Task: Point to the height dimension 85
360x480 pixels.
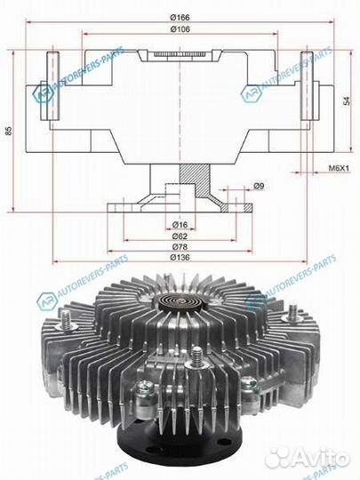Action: (8, 132)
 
